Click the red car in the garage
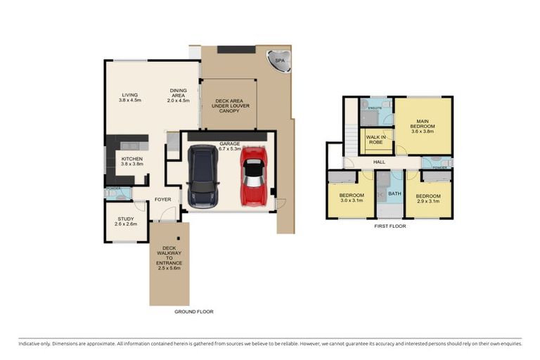(253, 177)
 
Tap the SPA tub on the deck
(280, 62)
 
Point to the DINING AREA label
(179, 96)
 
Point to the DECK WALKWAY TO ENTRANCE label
(169, 257)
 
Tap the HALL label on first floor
(379, 162)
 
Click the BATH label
(394, 193)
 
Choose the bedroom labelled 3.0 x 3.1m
(351, 198)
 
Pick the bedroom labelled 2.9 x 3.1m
(427, 198)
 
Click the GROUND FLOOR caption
(194, 311)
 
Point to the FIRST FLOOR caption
(390, 226)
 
